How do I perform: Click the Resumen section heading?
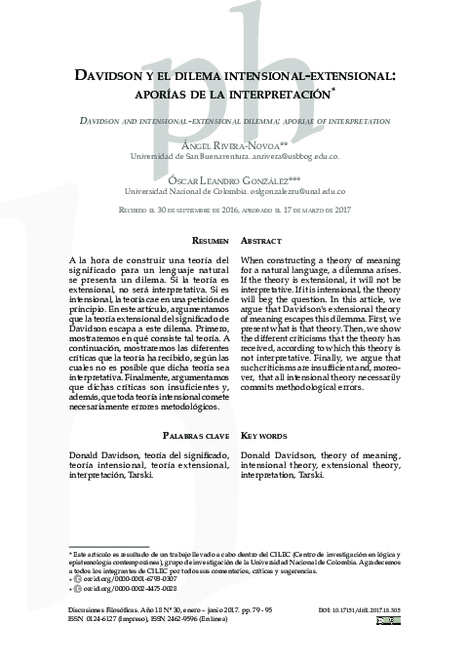coord(211,240)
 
